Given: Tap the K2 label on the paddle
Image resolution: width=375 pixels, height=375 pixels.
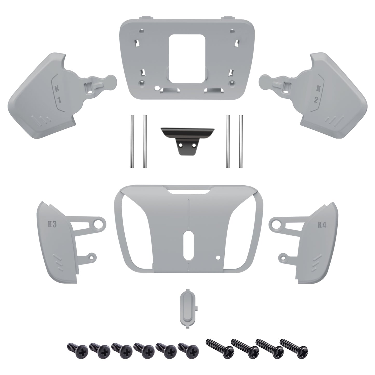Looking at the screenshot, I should click(317, 94).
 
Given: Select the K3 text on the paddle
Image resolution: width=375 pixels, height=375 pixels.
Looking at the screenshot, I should click(52, 225).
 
